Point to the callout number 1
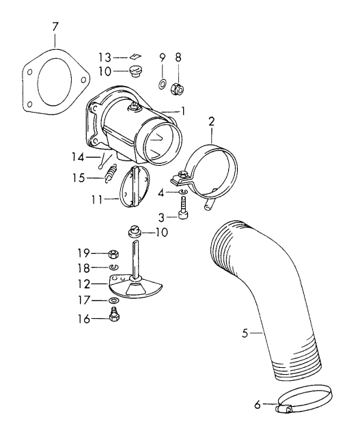(x=183, y=111)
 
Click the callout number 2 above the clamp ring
(x=212, y=122)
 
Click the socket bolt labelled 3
(x=182, y=215)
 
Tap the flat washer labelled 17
(x=113, y=300)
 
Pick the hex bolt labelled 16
(x=114, y=318)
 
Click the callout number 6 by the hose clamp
(x=258, y=405)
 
